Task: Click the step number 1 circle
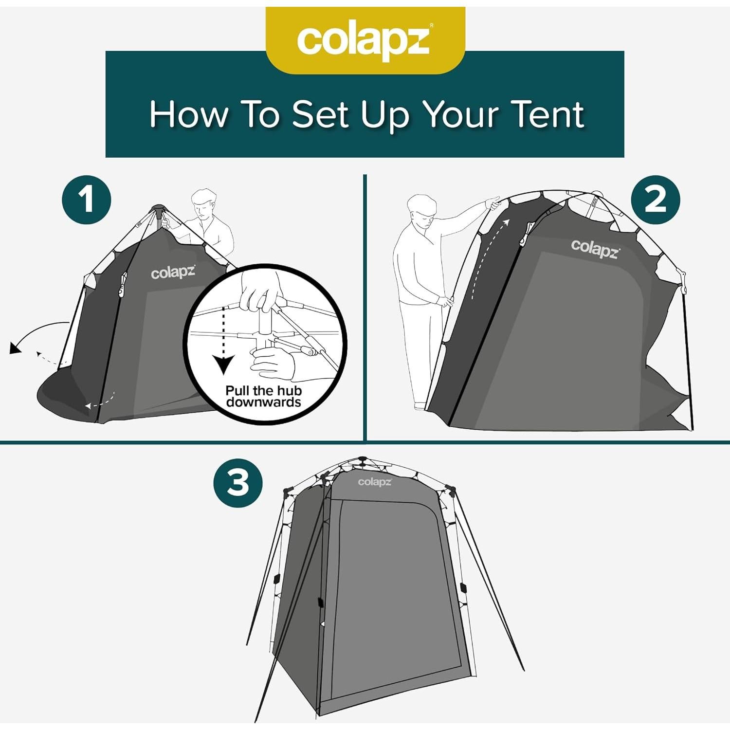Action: pos(87,200)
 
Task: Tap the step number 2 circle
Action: pos(655,200)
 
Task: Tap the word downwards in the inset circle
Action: pos(263,402)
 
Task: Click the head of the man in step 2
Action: pos(421,210)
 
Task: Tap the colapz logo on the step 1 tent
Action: pos(173,273)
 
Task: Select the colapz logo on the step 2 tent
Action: pos(594,249)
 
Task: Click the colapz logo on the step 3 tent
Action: pos(375,482)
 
